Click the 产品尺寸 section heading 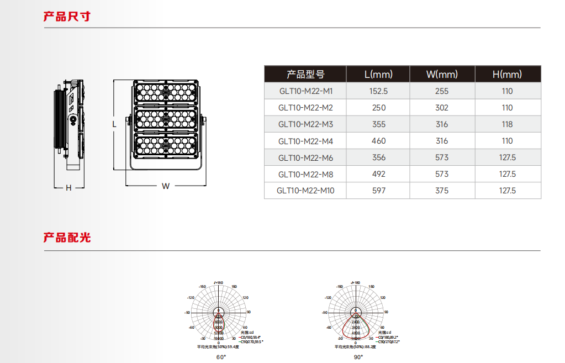67,17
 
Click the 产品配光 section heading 67,238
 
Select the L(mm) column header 378,74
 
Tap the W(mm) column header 442,74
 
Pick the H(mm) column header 507,74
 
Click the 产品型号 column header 305,74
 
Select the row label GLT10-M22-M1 305,91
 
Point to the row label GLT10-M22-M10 305,191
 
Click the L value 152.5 378,91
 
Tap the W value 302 442,108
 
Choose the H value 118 507,124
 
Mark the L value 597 378,191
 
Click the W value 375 442,191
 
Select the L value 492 378,174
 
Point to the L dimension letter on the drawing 114,124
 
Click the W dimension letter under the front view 166,186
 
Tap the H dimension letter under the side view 68,188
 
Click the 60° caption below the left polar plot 221,357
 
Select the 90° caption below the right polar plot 358,357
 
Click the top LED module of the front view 166,93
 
